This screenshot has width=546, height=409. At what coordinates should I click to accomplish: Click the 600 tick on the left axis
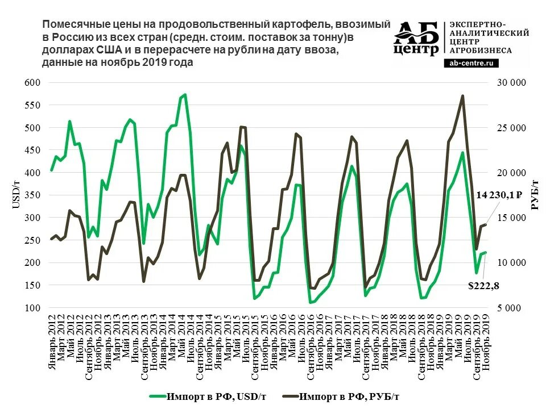(x=32, y=83)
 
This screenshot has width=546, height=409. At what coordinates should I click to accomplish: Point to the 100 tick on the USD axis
(x=32, y=308)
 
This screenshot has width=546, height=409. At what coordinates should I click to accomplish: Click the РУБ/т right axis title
(x=535, y=194)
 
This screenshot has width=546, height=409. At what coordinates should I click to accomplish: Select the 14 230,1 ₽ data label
(x=499, y=195)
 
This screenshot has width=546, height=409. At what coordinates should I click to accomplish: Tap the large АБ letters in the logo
(x=416, y=34)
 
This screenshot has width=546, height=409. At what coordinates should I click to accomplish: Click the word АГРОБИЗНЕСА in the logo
(x=481, y=50)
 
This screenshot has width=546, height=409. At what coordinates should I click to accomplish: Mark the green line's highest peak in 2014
(x=185, y=95)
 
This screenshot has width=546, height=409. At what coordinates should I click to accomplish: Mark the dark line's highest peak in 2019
(x=462, y=96)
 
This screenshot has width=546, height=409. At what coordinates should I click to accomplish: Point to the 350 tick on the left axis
(x=32, y=195)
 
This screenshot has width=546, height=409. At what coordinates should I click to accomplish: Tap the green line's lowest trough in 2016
(x=311, y=303)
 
